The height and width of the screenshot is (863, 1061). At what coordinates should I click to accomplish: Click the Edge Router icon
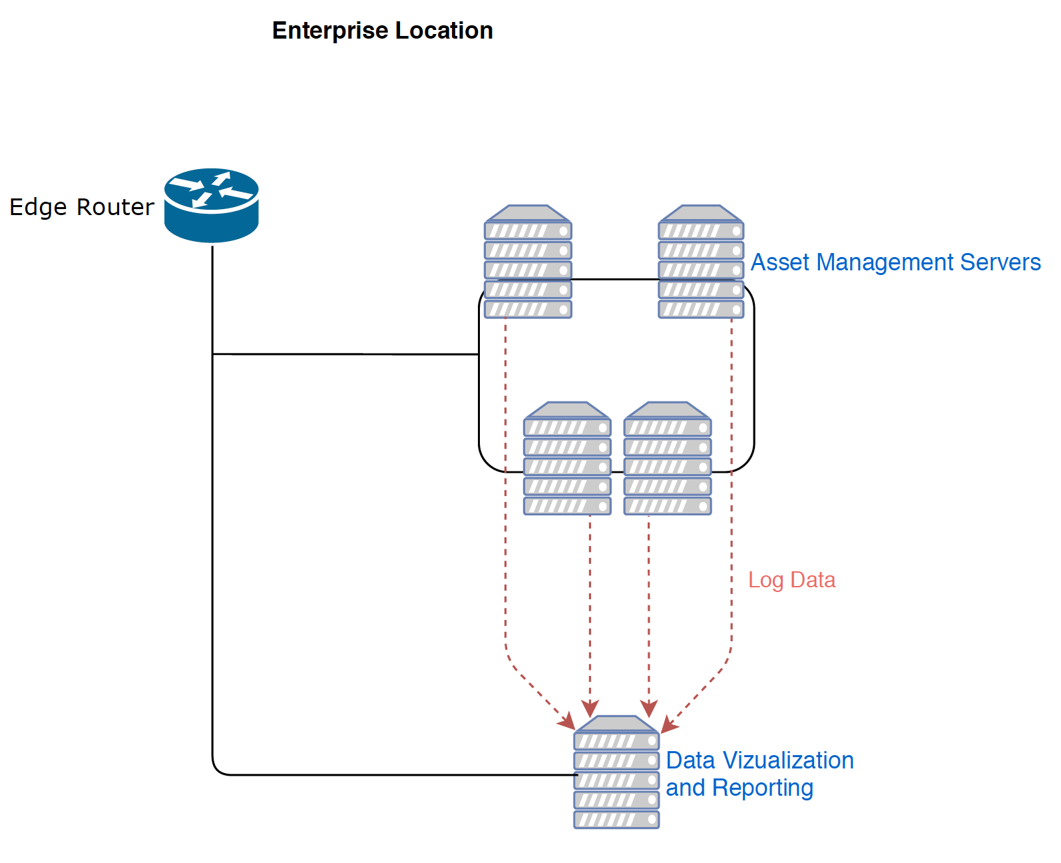pos(211,205)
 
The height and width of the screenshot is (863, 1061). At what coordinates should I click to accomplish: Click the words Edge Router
pos(81,207)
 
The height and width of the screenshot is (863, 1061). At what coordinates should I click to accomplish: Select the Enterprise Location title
pos(382,31)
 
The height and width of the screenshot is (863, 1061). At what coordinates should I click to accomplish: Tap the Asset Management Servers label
pos(895,262)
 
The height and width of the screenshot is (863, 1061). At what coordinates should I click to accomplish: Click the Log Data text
pos(791,580)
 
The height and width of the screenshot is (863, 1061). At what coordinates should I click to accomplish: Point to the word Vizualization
pos(788,760)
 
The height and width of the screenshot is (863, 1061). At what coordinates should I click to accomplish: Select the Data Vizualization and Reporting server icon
pos(616,772)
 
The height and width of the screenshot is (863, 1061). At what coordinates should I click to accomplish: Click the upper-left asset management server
pos(528,262)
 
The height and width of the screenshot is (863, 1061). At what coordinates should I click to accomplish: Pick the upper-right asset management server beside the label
pos(701,262)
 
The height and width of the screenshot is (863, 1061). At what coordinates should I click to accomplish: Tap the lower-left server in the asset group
pos(567,459)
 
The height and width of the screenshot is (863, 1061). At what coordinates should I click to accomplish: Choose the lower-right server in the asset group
pos(668,459)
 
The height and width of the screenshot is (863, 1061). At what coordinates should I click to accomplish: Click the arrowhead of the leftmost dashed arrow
pos(568,722)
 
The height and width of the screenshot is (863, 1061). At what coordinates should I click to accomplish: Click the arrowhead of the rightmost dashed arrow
pos(668,726)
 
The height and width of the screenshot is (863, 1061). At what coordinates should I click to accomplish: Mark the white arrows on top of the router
pos(211,189)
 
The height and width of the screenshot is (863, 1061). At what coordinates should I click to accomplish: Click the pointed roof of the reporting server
pos(616,724)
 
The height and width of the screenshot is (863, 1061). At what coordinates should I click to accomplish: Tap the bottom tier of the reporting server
pos(616,820)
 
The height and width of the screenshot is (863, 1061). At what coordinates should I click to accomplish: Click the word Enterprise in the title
pos(330,31)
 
